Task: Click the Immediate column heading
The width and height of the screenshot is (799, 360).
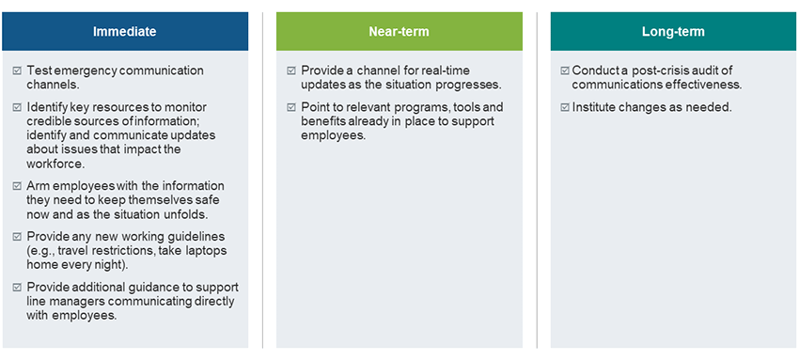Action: coord(124,32)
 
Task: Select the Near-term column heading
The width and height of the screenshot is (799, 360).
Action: coord(399,32)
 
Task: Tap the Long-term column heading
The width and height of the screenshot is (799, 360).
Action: coord(673,32)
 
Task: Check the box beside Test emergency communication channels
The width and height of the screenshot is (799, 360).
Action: coord(17,70)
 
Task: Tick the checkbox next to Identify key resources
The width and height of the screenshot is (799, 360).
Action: coord(17,107)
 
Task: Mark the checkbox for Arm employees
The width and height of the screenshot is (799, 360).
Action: coord(17,186)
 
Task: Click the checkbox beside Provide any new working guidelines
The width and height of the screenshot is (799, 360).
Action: coord(17,237)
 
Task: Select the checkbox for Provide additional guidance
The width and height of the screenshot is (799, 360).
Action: coord(17,288)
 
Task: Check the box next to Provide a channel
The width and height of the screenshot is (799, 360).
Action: coord(291,70)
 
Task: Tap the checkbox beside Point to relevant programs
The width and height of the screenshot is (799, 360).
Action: coord(291,107)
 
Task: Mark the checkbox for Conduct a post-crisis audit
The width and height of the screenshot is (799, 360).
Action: coord(565,70)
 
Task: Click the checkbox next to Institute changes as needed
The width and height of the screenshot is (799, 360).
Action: coord(565,107)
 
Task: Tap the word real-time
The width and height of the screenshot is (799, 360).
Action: coord(445,70)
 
